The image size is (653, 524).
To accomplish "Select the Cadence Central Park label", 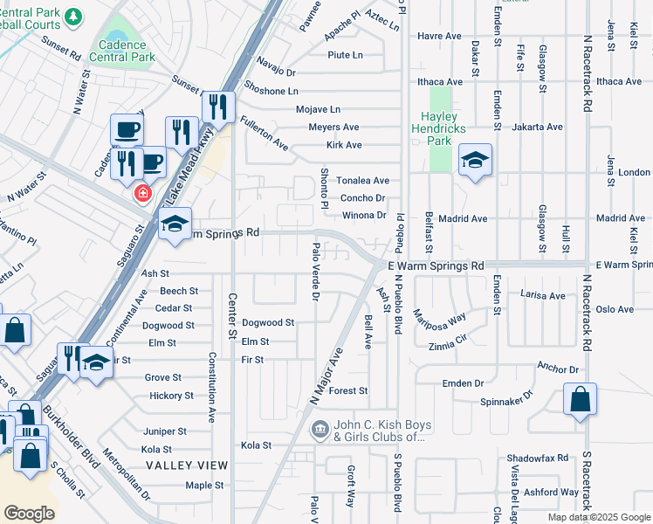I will click(x=127, y=51).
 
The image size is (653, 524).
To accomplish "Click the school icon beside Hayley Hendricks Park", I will click(x=474, y=160).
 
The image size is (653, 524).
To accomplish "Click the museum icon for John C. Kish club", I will click(x=320, y=429).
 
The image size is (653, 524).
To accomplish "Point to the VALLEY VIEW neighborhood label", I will click(x=187, y=465).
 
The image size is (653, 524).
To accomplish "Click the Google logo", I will click(x=30, y=513).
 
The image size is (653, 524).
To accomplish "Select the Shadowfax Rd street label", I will click(x=537, y=458).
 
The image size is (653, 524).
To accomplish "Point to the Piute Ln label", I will click(x=345, y=55).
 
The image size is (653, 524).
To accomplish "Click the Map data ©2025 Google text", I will click(x=598, y=517).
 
